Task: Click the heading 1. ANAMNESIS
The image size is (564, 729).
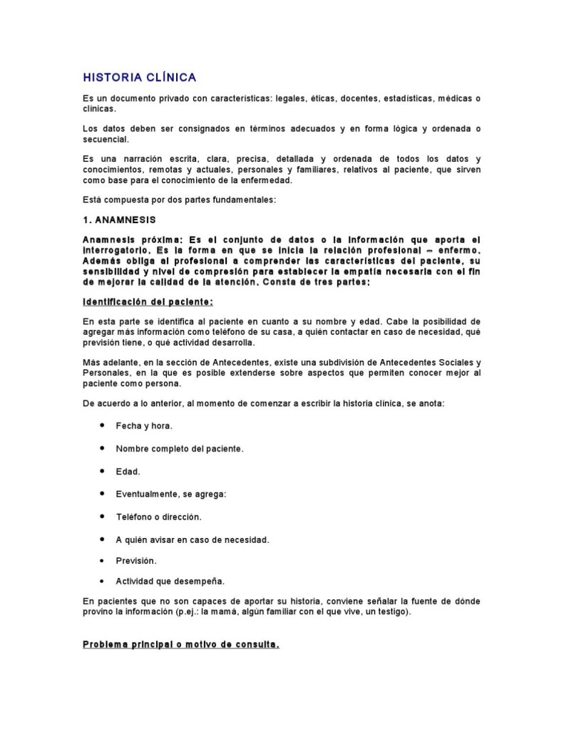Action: (119, 219)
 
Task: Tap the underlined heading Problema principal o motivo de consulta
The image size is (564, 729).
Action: (181, 645)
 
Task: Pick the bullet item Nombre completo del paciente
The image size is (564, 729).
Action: (180, 449)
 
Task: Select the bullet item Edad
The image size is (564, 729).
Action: (128, 472)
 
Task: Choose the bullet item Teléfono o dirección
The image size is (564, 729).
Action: (159, 517)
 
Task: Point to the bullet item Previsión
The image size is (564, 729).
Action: (136, 560)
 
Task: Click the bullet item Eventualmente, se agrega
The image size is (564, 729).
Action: (171, 494)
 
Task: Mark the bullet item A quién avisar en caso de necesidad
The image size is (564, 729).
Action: (193, 539)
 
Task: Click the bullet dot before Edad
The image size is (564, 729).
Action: (103, 471)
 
